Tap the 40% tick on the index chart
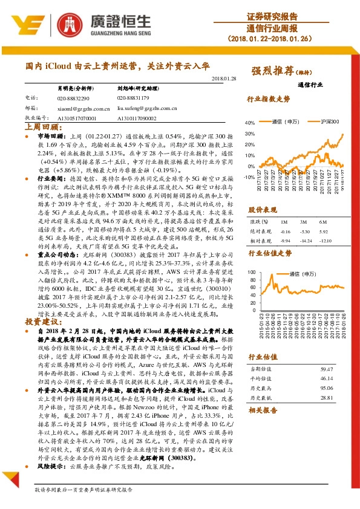tap(250, 123)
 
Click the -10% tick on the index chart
tap(249, 177)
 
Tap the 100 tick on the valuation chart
tap(251, 273)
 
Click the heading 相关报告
tap(261, 411)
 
